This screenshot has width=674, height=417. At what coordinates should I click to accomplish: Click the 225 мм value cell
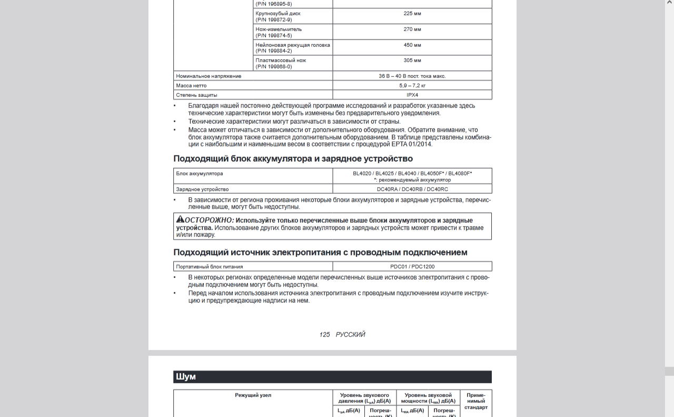pyautogui.click(x=412, y=14)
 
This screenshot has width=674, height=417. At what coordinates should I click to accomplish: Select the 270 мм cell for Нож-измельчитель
pyautogui.click(x=412, y=29)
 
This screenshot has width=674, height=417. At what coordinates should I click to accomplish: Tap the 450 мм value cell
pyautogui.click(x=412, y=45)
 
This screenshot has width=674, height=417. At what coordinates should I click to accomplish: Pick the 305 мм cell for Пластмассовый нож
pyautogui.click(x=412, y=61)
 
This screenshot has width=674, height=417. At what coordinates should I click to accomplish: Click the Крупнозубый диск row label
pyautogui.click(x=278, y=14)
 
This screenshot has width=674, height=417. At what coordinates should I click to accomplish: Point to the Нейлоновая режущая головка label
pyautogui.click(x=293, y=45)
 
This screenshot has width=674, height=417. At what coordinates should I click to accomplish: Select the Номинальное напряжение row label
pyautogui.click(x=209, y=76)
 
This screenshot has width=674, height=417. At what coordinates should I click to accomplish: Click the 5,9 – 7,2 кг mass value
pyautogui.click(x=412, y=85)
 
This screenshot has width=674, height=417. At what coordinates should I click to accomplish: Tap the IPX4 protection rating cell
pyautogui.click(x=412, y=95)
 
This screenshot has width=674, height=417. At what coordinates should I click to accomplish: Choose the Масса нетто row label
pyautogui.click(x=191, y=85)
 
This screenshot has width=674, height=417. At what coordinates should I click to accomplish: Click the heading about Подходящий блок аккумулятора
pyautogui.click(x=293, y=158)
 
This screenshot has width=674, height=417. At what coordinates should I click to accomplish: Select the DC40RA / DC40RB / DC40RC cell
pyautogui.click(x=412, y=189)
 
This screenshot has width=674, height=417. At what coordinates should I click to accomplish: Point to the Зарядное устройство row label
pyautogui.click(x=202, y=189)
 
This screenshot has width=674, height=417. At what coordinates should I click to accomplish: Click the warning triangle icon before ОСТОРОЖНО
pyautogui.click(x=180, y=220)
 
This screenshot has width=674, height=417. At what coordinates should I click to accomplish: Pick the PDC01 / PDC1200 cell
pyautogui.click(x=412, y=266)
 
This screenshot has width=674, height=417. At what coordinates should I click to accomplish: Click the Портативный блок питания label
pyautogui.click(x=209, y=266)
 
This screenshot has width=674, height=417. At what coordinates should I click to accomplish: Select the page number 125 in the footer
pyautogui.click(x=324, y=335)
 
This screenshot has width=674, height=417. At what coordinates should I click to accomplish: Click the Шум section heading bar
pyautogui.click(x=332, y=377)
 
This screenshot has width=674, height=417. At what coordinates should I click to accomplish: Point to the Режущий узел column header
pyautogui.click(x=253, y=395)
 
